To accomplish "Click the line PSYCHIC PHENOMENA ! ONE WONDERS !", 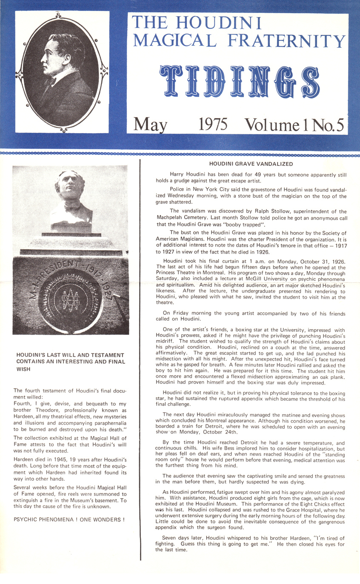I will (x=69, y=520).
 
